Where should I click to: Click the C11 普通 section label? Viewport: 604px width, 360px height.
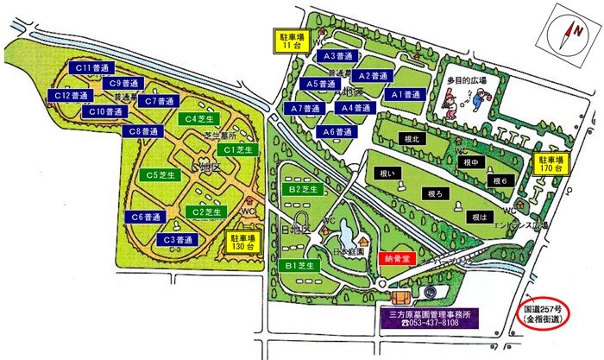tap(90, 66)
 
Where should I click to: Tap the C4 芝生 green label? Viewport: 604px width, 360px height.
tap(199, 118)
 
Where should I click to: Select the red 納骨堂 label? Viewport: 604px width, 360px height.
tap(398, 257)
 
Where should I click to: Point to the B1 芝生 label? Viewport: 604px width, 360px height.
tap(298, 265)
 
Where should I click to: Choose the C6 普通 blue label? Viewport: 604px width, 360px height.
tap(148, 216)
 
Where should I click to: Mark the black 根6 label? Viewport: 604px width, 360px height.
tap(502, 181)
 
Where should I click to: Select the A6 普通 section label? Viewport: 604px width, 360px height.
tap(336, 132)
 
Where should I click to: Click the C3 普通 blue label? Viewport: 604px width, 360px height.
tap(177, 238)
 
